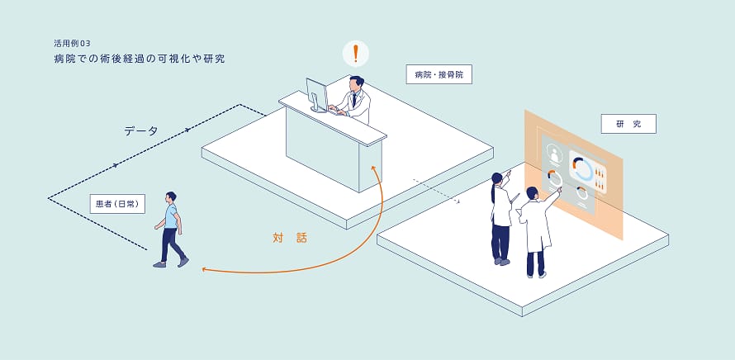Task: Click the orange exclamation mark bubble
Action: point(355,54)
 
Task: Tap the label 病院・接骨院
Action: point(439,74)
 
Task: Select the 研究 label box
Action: point(628,124)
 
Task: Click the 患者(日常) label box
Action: point(117,204)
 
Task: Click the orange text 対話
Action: point(290,238)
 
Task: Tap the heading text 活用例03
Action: point(72,44)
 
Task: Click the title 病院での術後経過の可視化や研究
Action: point(140,59)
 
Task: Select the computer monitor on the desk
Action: point(317,95)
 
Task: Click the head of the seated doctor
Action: point(356,83)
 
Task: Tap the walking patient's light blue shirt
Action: point(171,216)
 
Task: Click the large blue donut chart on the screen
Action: point(584,168)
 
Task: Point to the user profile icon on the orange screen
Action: point(556,154)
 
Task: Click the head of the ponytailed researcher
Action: point(497,179)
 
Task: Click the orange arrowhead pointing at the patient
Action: point(204,269)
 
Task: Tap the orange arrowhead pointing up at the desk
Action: point(372,168)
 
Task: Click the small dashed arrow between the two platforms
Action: point(436,192)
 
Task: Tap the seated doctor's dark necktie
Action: point(354,99)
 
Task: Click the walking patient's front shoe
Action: point(183,262)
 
